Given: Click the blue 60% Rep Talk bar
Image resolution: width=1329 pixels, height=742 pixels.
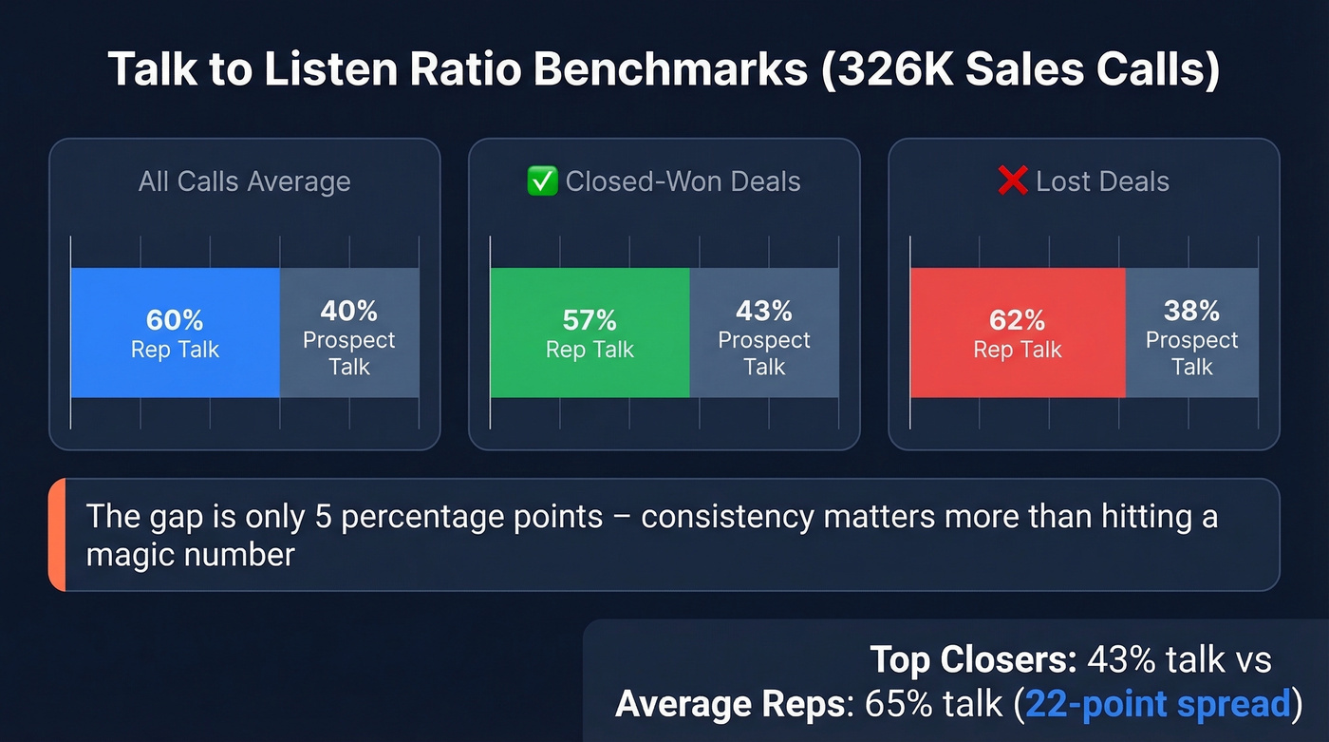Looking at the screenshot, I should click(x=175, y=332).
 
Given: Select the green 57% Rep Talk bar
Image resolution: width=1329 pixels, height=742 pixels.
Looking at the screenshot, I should click(x=590, y=332).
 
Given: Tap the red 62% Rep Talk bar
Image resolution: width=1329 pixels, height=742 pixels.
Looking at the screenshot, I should click(x=1017, y=332).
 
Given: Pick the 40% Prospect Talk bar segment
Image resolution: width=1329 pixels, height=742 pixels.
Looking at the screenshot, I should click(x=349, y=332).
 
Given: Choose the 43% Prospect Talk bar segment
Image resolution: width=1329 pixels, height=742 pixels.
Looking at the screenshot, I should click(x=764, y=332).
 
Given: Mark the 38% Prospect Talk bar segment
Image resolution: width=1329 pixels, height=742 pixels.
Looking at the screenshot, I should click(x=1191, y=332).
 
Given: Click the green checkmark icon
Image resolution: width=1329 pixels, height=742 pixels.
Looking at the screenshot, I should click(x=541, y=181).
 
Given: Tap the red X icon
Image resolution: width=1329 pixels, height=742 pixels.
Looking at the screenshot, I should click(x=1013, y=181).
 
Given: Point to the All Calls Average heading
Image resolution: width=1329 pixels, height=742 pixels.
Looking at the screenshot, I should click(x=244, y=181).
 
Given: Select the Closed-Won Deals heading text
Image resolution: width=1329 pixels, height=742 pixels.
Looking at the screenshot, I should click(x=683, y=181).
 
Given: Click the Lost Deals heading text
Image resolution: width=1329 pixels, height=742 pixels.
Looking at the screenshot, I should click(x=1102, y=181).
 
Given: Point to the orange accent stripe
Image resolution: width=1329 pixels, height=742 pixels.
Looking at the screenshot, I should click(x=55, y=535).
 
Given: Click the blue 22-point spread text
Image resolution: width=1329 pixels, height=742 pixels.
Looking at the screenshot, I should click(x=1158, y=704).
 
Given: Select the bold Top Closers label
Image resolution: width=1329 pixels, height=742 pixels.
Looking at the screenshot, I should click(x=972, y=660).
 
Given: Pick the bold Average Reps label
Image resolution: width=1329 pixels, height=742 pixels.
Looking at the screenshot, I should click(x=729, y=704).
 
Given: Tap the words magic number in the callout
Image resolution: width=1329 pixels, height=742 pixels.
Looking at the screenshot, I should click(x=190, y=554).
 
